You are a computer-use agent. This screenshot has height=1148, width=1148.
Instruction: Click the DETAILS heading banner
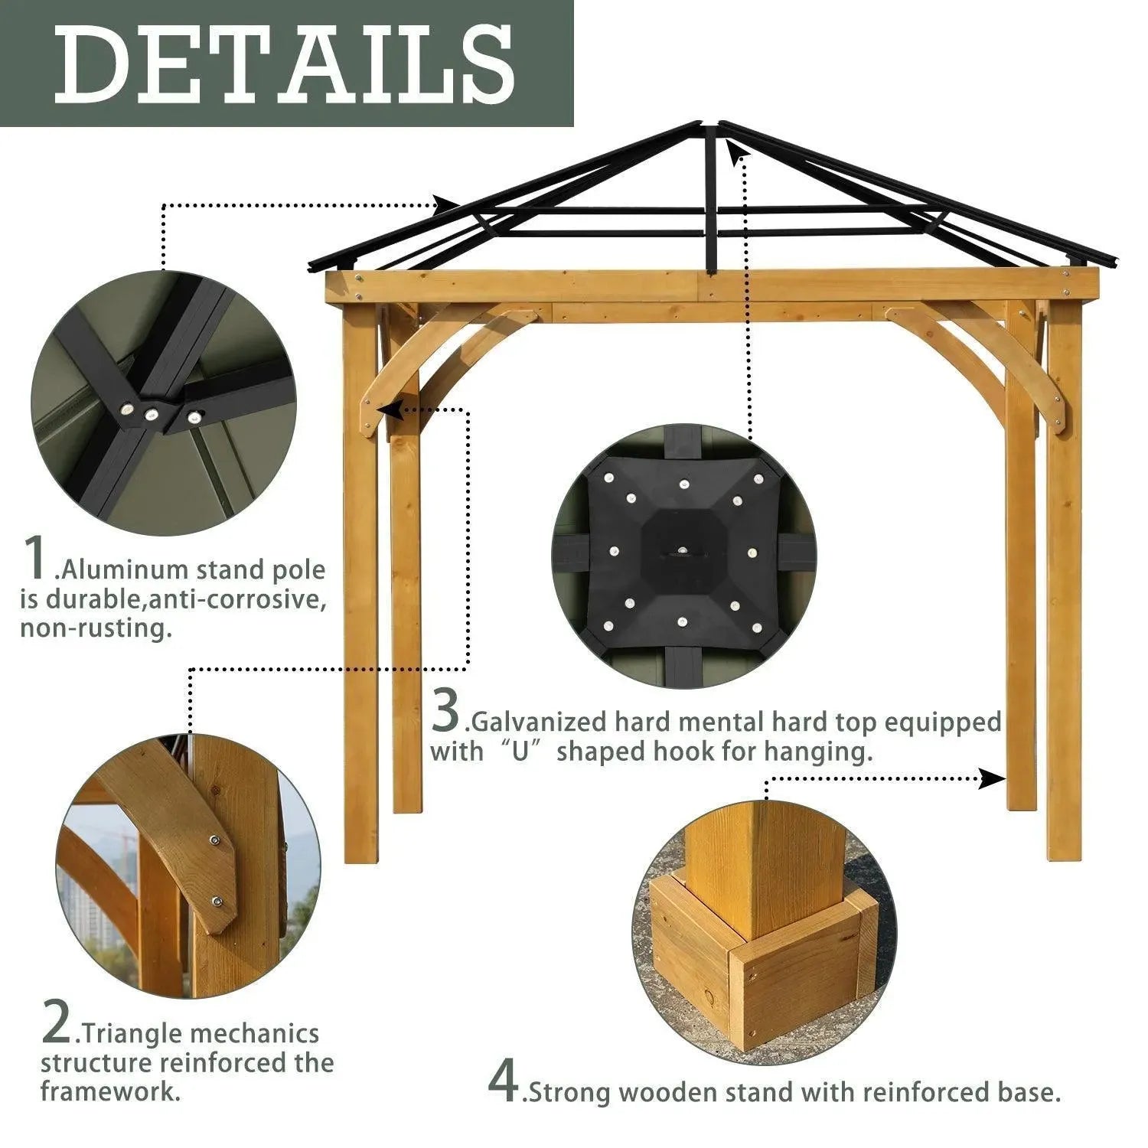[x=286, y=63]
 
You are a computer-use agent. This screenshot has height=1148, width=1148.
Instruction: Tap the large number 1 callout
[x=36, y=558]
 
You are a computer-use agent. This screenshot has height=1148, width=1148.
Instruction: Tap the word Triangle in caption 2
[x=130, y=1035]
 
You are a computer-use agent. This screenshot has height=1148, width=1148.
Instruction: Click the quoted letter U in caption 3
[x=521, y=752]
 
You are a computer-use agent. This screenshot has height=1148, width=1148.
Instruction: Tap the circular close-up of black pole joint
[x=164, y=403]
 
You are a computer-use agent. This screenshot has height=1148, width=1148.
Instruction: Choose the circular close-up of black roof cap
[x=680, y=557]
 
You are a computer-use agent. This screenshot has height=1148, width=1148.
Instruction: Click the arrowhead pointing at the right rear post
[x=993, y=779]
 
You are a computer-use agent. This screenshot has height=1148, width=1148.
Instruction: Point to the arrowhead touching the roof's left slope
[x=448, y=204]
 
